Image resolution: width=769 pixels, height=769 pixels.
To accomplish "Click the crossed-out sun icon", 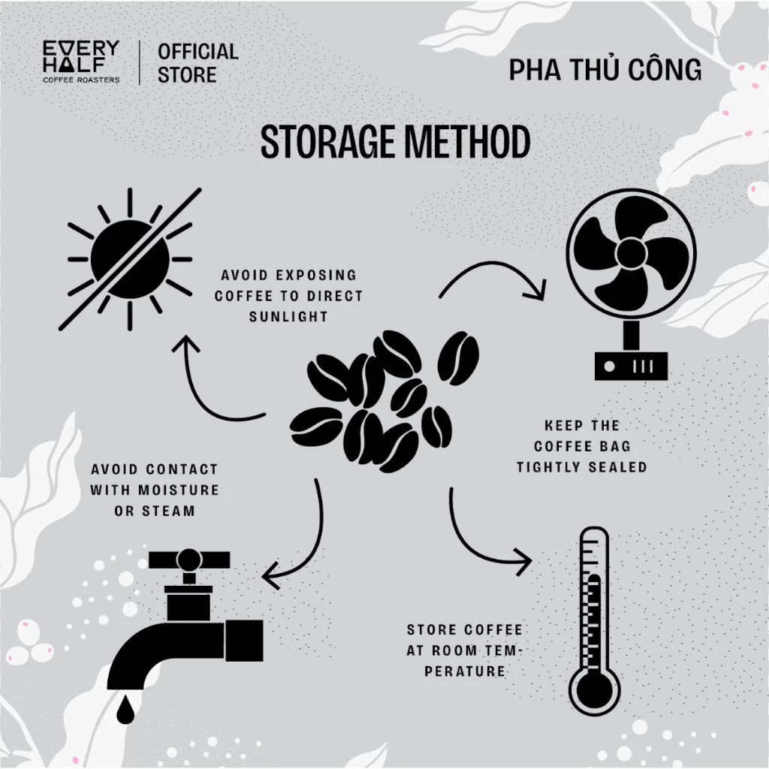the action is (130, 259).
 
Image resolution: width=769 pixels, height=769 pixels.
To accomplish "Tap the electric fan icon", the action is (631, 285).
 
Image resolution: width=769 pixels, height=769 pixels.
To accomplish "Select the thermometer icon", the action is (595, 620).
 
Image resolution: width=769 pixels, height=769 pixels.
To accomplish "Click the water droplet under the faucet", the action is (125, 709).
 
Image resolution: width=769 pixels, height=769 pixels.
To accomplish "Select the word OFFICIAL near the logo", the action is (198, 52).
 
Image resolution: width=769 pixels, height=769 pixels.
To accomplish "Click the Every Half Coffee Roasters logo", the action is (81, 62).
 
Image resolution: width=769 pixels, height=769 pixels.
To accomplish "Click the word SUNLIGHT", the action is (288, 317).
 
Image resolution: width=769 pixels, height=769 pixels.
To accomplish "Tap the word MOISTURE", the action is (179, 490).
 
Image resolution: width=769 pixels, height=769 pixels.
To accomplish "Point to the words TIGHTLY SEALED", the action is (582, 467).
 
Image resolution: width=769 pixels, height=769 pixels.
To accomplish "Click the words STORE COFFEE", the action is (465, 630).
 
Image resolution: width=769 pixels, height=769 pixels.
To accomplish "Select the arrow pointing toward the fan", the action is (490, 265).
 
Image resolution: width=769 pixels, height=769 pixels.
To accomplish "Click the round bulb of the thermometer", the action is (595, 692).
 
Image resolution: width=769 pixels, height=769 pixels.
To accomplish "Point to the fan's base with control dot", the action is (631, 366).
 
